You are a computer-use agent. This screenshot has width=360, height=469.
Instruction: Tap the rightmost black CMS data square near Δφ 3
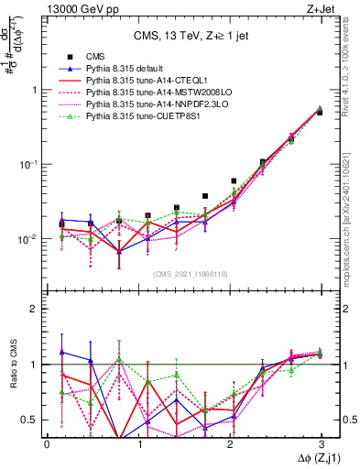319,112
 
